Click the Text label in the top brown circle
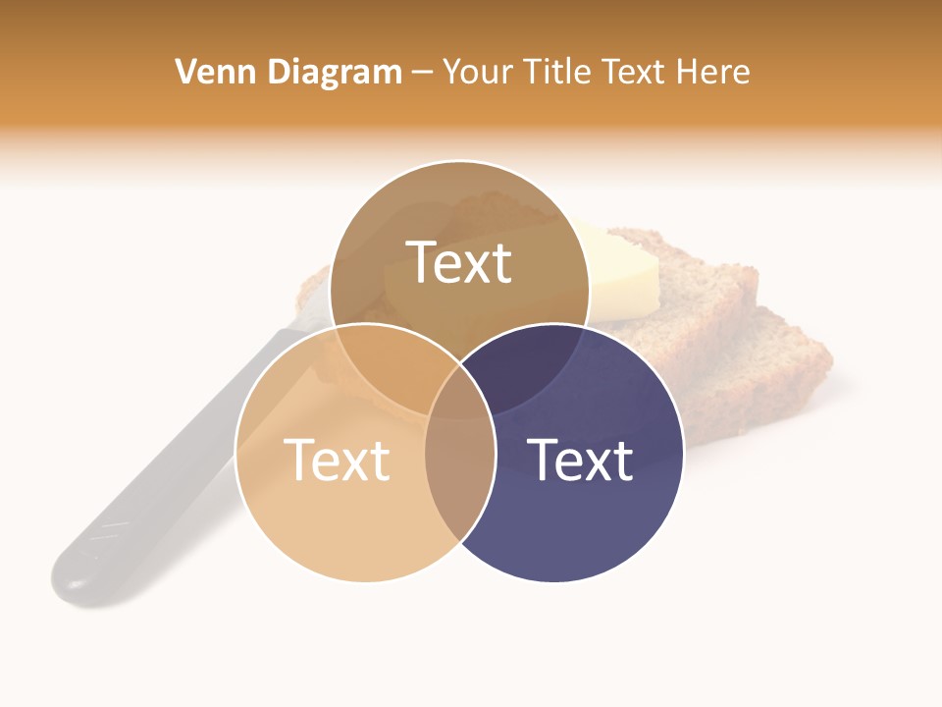[459, 262]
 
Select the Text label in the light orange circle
[337, 459]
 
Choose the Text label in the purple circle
[580, 459]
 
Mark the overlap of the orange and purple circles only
[459, 481]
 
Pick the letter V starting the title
[184, 72]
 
